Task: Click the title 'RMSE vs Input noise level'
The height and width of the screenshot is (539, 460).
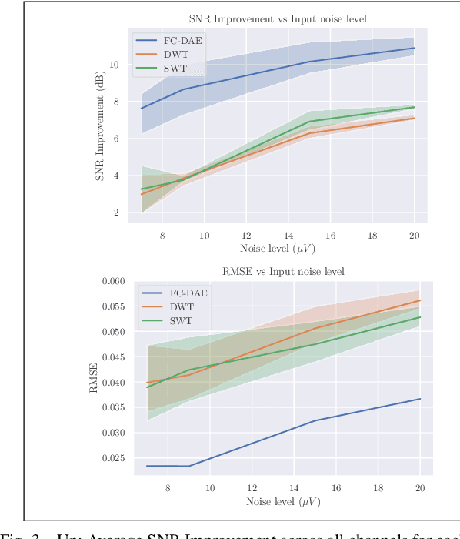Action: click(x=283, y=272)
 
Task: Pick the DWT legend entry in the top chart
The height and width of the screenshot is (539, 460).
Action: click(x=173, y=55)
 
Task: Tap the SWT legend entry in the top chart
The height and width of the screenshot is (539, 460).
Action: click(x=172, y=69)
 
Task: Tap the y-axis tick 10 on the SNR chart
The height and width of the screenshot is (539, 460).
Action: click(x=113, y=65)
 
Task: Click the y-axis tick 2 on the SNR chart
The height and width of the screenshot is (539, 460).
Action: click(x=115, y=213)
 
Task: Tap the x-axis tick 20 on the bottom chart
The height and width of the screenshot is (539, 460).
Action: click(x=420, y=488)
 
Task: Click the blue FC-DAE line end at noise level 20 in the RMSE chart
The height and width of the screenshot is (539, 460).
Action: click(x=420, y=399)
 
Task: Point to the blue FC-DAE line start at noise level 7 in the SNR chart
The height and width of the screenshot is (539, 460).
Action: click(x=142, y=109)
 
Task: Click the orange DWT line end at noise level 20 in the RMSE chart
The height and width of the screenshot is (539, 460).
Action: click(x=420, y=300)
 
